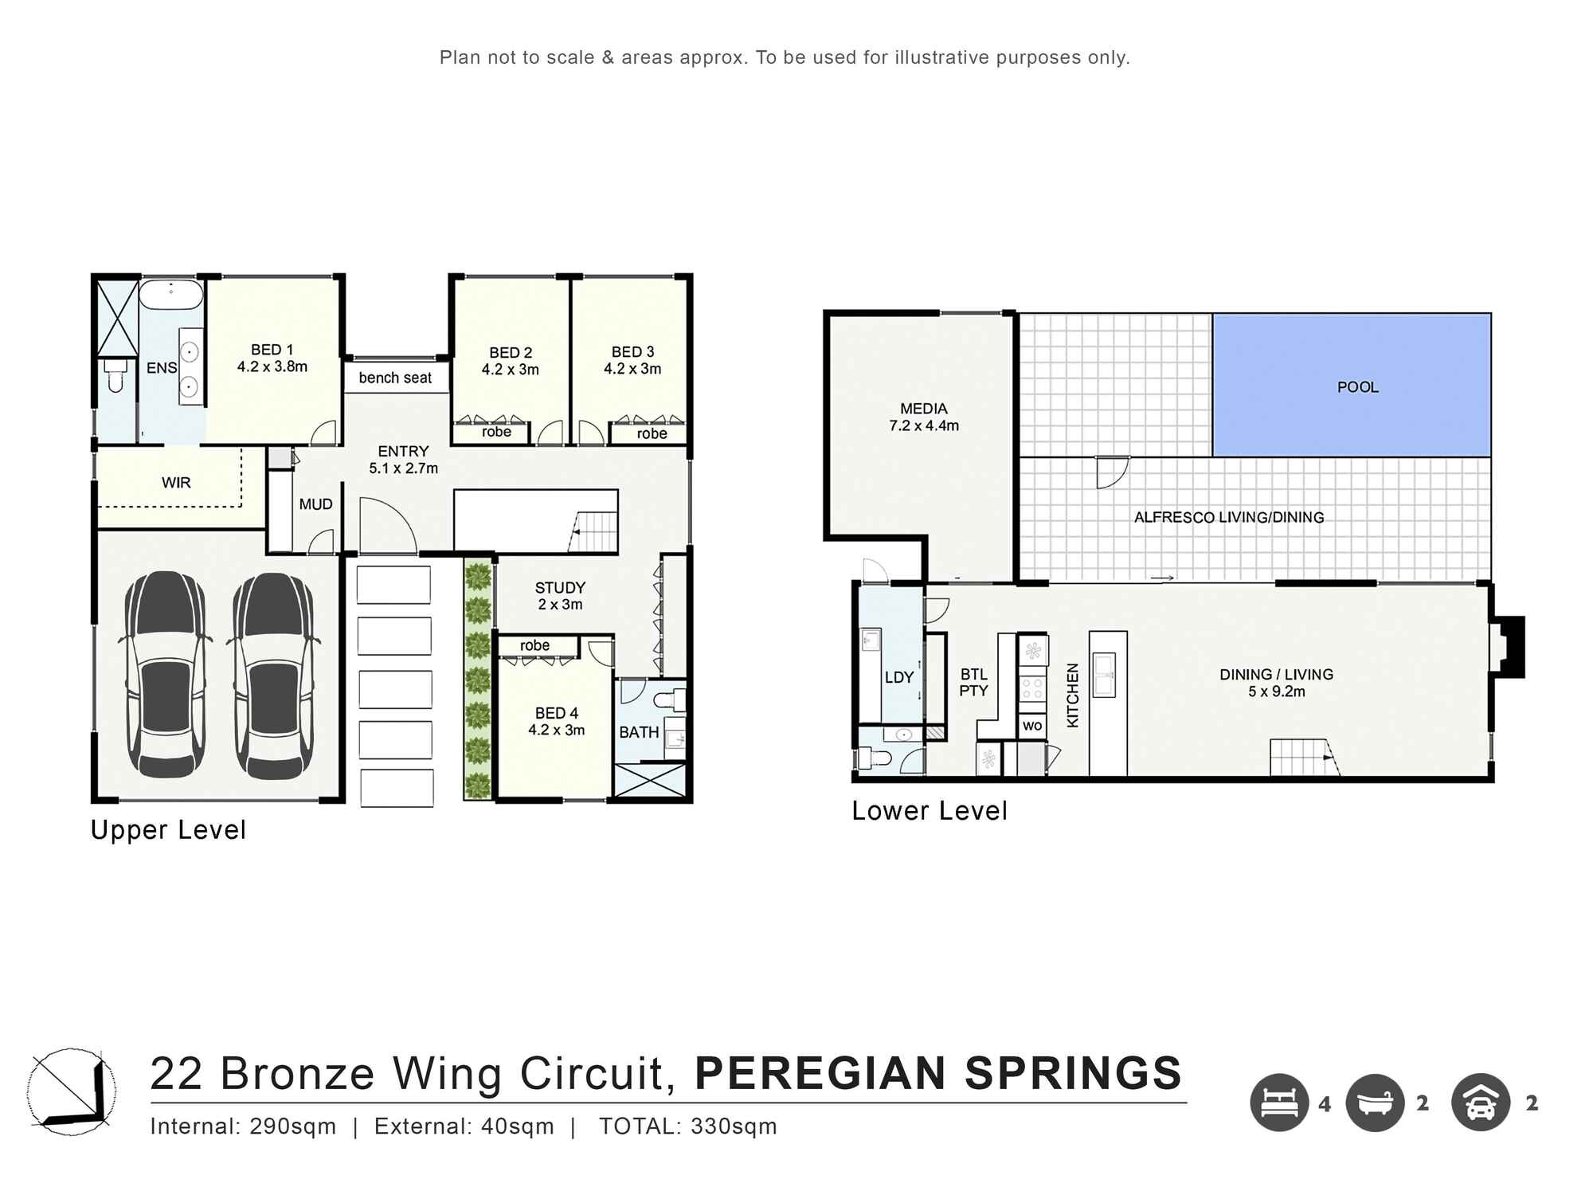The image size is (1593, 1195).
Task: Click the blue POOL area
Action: (1352, 385)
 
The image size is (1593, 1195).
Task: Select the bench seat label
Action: (395, 378)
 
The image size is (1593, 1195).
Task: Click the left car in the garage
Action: (165, 674)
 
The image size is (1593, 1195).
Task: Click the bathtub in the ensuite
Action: (171, 295)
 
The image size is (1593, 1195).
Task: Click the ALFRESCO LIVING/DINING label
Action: (1229, 517)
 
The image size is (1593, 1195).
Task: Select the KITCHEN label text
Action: (1072, 695)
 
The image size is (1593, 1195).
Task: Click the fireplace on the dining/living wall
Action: (1508, 647)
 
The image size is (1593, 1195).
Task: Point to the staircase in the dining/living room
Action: (1304, 757)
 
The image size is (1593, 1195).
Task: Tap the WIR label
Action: (176, 483)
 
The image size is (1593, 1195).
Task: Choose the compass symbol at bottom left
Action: (72, 1091)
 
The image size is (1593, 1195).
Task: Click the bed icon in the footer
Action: (1279, 1103)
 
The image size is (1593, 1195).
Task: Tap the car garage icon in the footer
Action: (1481, 1103)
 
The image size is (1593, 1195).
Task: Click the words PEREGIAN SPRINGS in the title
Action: (938, 1073)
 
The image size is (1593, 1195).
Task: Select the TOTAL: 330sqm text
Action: (688, 1126)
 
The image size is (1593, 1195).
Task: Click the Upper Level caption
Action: (168, 830)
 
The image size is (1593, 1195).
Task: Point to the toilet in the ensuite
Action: (115, 377)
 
